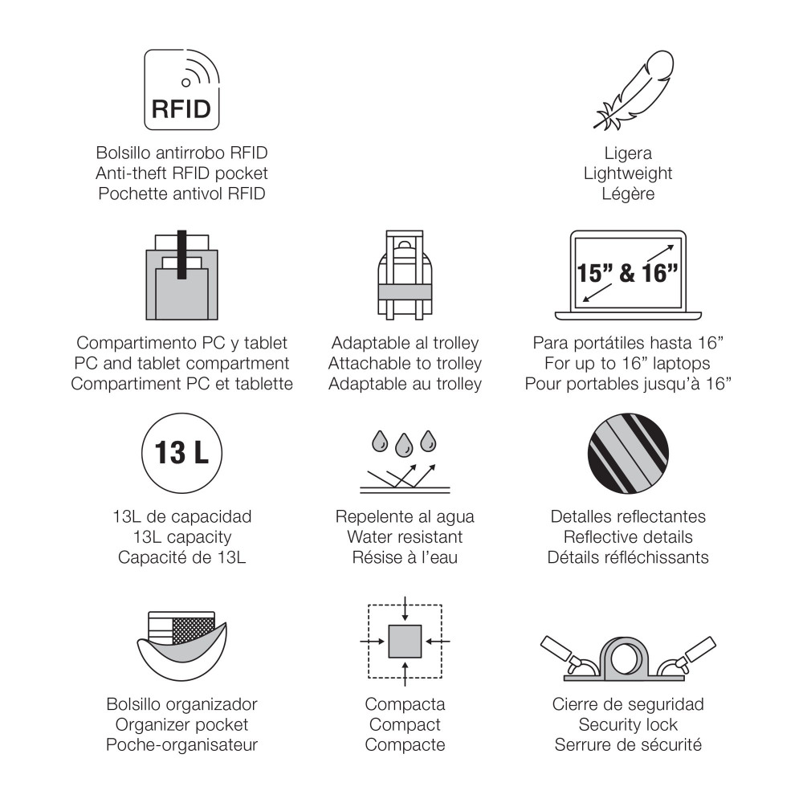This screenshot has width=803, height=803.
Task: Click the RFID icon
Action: point(181,90)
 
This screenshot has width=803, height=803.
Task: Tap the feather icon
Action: point(633,90)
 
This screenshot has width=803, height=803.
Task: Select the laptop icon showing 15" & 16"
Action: point(628,275)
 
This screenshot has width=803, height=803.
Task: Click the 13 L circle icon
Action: point(181,453)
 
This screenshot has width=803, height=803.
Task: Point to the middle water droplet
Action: point(404,445)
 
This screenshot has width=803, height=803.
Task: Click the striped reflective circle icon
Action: point(628,454)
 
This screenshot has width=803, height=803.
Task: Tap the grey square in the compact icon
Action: point(405,641)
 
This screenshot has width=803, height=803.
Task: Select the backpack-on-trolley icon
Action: point(405,275)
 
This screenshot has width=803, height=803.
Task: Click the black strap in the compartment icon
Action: point(181,255)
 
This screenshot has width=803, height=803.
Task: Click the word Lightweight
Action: point(628,173)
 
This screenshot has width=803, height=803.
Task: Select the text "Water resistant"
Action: point(405,536)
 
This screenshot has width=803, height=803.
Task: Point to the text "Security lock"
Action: point(628,724)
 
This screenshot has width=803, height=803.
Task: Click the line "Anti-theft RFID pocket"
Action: point(181,173)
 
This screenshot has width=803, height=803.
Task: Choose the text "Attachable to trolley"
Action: point(405,363)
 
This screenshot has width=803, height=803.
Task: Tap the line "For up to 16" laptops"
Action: point(627,363)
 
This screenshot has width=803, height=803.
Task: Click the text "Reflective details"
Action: point(628,536)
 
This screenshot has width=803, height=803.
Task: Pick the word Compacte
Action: point(405,744)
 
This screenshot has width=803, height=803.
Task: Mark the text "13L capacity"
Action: point(181,536)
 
